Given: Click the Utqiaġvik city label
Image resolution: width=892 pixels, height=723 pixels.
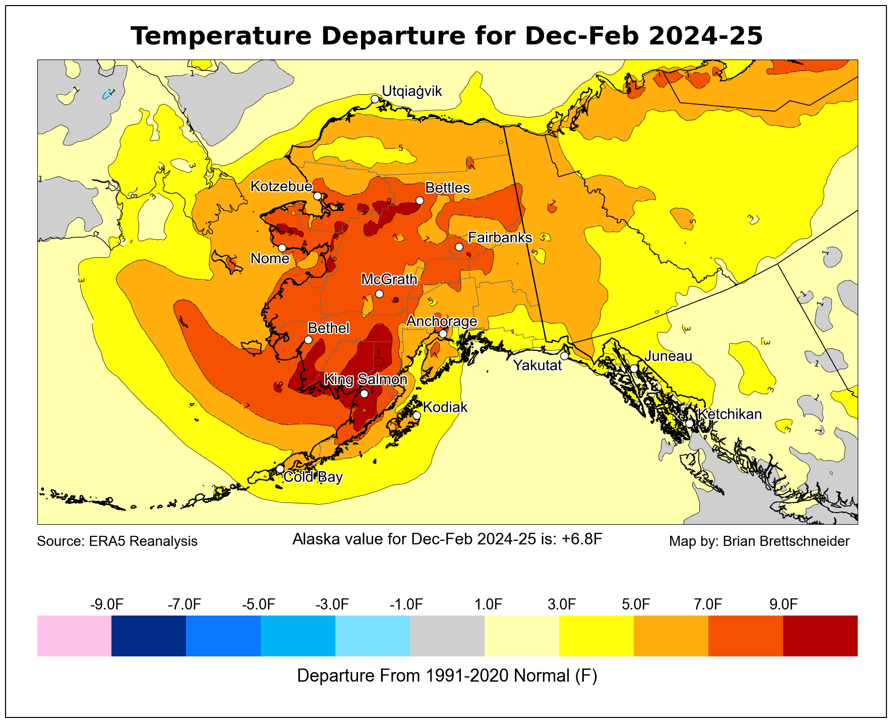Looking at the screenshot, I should pos(411,91).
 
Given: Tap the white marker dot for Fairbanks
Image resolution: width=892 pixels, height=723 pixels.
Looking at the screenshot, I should pos(459,247).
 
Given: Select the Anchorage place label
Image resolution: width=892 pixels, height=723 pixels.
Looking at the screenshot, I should pos(441,321).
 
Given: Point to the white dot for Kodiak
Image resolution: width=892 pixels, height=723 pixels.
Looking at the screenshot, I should pos(417,416).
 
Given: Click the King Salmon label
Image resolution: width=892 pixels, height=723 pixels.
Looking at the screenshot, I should pos(365,379).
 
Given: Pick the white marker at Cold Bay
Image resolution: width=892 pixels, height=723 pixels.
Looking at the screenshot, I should pos(280,469).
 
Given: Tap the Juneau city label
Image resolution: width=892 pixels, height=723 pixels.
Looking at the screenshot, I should pos(669,356).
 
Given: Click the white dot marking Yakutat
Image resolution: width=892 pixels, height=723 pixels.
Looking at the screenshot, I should pos(564,356).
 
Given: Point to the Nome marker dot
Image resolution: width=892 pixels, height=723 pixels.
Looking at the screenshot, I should pos(282,248).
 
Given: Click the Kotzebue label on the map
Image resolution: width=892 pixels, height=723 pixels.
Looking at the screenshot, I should pos(281,187).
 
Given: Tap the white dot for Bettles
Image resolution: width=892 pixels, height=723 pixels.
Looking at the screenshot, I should pos(420,200).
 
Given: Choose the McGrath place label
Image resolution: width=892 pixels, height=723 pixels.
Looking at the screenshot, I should pos(389,280).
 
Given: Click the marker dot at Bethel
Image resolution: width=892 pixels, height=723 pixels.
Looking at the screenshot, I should pos(308,340).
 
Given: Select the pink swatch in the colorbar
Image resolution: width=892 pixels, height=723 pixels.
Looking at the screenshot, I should pos(74,636).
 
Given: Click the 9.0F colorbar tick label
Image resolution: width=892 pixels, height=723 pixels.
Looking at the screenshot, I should pos(783,604).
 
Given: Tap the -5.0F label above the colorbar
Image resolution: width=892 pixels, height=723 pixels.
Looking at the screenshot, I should pos(259,604).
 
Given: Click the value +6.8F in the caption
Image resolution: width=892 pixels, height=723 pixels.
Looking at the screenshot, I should pos(582,539).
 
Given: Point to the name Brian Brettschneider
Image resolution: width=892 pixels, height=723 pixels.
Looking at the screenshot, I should pos(786,541).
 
